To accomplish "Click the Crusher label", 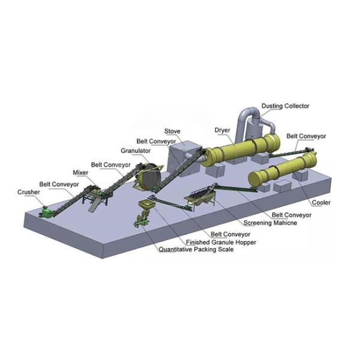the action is pos(29,192).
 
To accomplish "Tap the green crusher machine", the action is pos(47,212).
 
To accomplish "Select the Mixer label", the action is pos(80,173).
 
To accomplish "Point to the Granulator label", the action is pos(136,151).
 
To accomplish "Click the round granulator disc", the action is pos(149,176).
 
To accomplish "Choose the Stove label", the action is pos(172,131).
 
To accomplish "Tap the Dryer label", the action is pos(222,130).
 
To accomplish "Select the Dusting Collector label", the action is pos(286,106).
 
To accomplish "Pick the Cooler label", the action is pos(321,203).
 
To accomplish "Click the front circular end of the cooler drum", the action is pos(255,179).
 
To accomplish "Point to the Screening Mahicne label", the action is pos(270,223).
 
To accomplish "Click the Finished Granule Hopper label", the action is pos(221,242).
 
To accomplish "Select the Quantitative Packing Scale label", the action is pos(196,250).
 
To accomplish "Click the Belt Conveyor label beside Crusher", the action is pos(59,184).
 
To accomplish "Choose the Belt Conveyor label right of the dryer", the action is pos(306,136).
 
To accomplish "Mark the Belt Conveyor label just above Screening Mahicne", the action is pos(292,215).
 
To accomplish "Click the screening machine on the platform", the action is pos(200,197).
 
